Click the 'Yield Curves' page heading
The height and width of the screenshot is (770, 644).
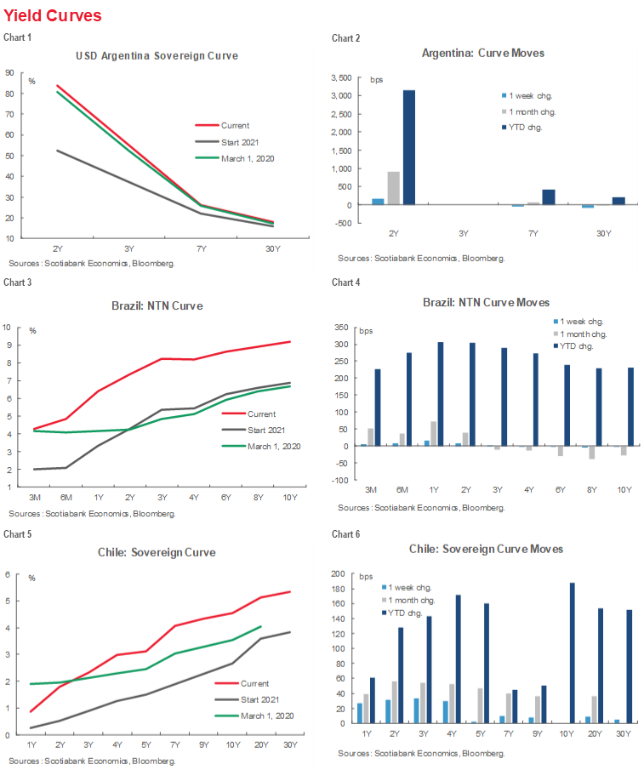pos(53,15)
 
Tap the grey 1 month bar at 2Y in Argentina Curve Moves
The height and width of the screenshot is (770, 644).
pos(394,188)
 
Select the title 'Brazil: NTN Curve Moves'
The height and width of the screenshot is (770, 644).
pos(486,302)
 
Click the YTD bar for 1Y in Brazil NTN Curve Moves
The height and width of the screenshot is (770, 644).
pos(441,394)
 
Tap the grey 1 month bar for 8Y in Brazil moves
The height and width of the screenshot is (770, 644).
pos(591,453)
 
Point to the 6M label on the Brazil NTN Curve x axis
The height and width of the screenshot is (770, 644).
pos(67,496)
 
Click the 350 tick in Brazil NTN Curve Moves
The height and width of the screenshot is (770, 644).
pos(341,328)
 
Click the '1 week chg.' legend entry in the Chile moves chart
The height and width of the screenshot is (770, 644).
pos(413,586)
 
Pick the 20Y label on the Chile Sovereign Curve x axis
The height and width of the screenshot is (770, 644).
pos(260,746)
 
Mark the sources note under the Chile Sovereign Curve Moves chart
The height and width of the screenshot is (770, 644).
pos(420,754)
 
